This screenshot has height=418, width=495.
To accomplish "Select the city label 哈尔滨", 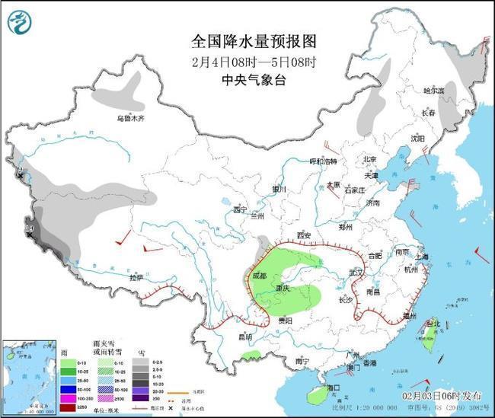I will [x=433, y=90].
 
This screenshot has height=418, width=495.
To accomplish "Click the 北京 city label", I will [x=369, y=159].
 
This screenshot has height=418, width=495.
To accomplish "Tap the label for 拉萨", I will [x=135, y=278].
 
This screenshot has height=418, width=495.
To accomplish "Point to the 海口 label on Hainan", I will [x=332, y=388].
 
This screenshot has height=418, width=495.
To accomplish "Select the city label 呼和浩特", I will [x=322, y=161].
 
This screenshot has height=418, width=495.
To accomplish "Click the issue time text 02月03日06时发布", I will [x=442, y=396].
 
